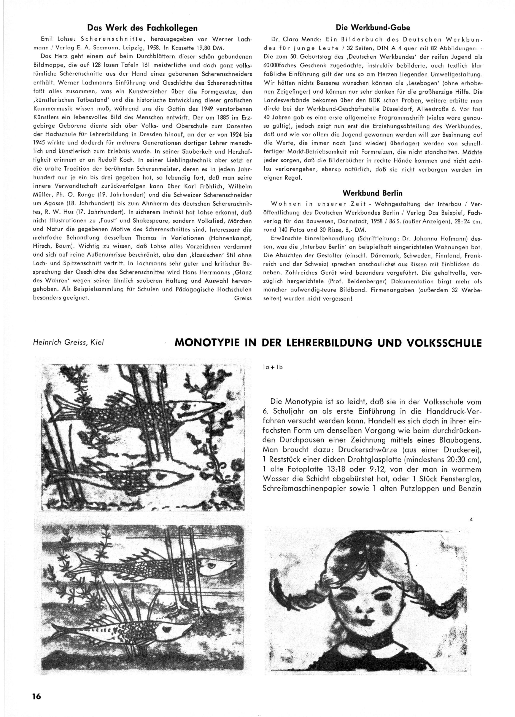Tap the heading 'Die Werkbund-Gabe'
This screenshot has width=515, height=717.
(373, 27)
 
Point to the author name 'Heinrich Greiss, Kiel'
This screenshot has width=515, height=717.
(68, 342)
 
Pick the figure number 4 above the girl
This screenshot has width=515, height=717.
(471, 519)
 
